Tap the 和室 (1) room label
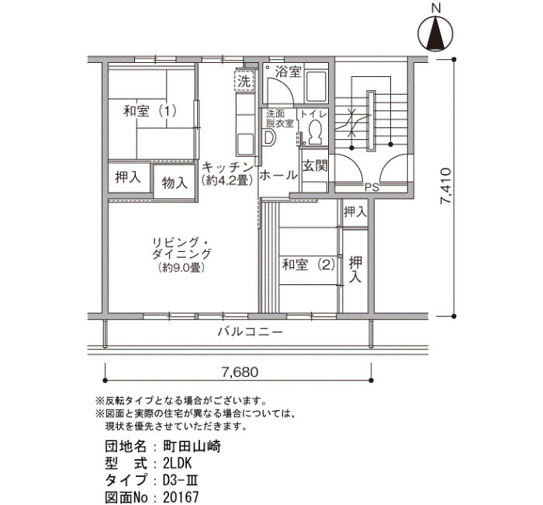(x=150, y=111)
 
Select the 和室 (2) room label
(x=309, y=265)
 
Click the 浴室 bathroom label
(x=288, y=72)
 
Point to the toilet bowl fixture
(x=315, y=132)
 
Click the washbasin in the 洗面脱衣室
(x=268, y=138)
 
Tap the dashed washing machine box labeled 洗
(x=244, y=80)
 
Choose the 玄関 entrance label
(x=315, y=165)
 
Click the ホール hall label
(x=278, y=175)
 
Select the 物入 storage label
(x=175, y=183)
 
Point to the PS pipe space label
(x=372, y=188)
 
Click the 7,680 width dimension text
(x=240, y=372)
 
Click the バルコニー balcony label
(x=250, y=333)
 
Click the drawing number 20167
(x=181, y=497)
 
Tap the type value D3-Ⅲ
(x=181, y=481)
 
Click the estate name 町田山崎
(x=192, y=447)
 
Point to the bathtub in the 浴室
(x=316, y=86)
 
